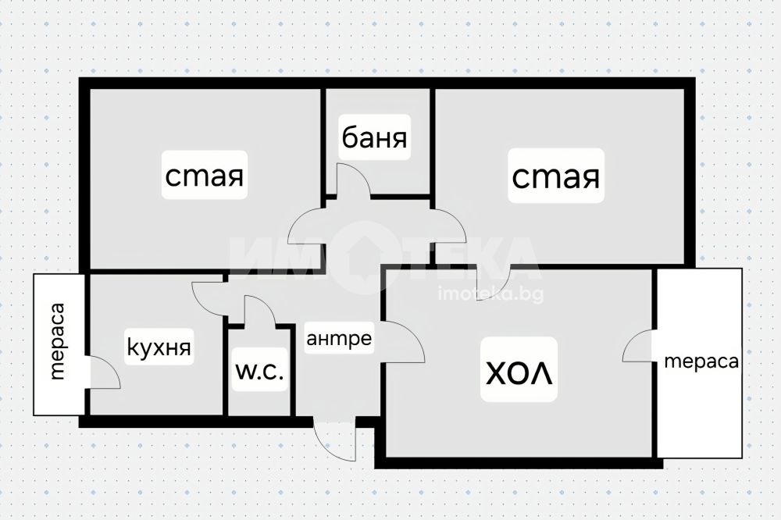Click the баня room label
375,139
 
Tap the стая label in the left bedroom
205,176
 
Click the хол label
519,369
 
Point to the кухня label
159,347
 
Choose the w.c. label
260,372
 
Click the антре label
338,340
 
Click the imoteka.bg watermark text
493,294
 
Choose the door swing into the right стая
448,227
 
